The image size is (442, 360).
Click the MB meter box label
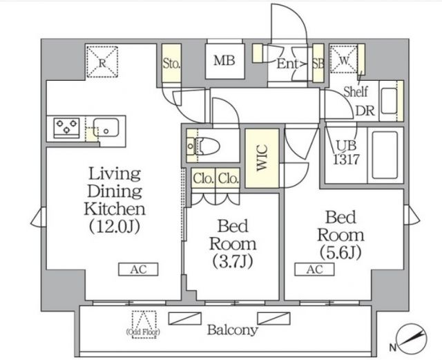coord(224,60)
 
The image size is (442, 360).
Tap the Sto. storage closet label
coord(171,64)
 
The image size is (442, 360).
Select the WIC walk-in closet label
coord(262,158)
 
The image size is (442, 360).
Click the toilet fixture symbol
coord(204,146)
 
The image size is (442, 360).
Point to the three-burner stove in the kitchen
coord(67,126)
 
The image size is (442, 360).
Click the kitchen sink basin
coord(106,128)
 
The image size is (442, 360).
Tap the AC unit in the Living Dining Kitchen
coord(138,269)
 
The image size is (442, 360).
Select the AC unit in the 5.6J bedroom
coord(315,269)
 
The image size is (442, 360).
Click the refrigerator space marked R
coord(102,62)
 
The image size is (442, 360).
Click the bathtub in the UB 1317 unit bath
coord(385,155)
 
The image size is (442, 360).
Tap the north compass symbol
coord(412,339)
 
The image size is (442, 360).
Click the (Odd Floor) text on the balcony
coord(143,332)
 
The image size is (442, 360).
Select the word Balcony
coord(233,330)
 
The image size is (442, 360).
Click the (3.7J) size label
coord(233,262)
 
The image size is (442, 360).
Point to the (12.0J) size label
coord(115,227)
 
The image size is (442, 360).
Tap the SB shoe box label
coord(318,64)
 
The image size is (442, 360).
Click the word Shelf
coord(356,91)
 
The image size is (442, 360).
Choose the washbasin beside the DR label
coord(389,101)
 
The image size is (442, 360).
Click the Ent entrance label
coord(287,64)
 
